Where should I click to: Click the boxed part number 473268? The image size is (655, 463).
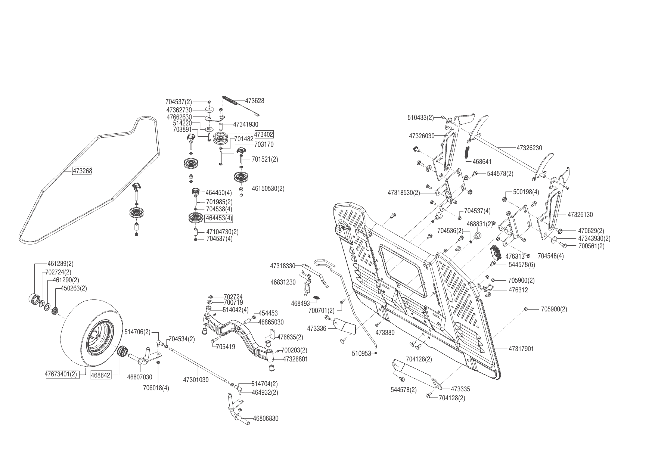[x=82, y=171]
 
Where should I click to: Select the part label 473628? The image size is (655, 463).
[x=255, y=101]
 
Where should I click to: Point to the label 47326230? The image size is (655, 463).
[x=529, y=148]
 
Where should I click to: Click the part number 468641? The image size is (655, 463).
[x=482, y=162]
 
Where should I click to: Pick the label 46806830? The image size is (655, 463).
[x=266, y=419]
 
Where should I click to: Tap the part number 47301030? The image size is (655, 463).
[x=196, y=380]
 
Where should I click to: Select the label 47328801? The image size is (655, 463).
[x=295, y=359]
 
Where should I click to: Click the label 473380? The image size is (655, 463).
[x=385, y=332]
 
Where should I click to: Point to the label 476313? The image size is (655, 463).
[x=515, y=257]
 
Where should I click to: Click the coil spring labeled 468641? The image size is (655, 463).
[x=466, y=153]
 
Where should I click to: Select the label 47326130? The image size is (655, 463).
[x=580, y=215]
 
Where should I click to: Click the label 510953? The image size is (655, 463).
[x=361, y=353]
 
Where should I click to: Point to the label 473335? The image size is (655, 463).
[x=460, y=389]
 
